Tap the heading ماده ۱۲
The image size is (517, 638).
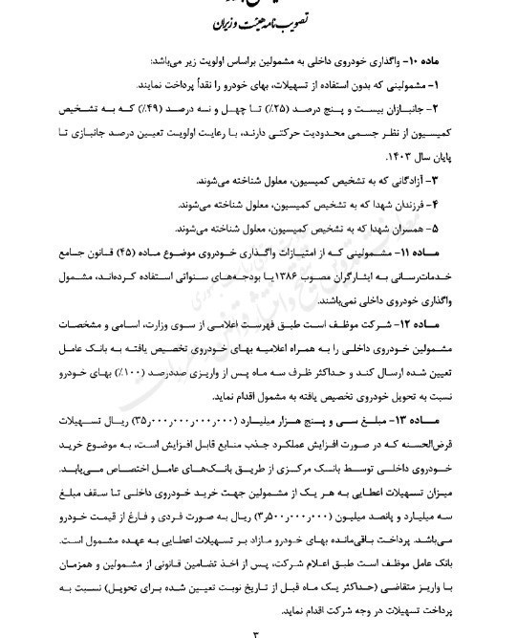click(x=459, y=325)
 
